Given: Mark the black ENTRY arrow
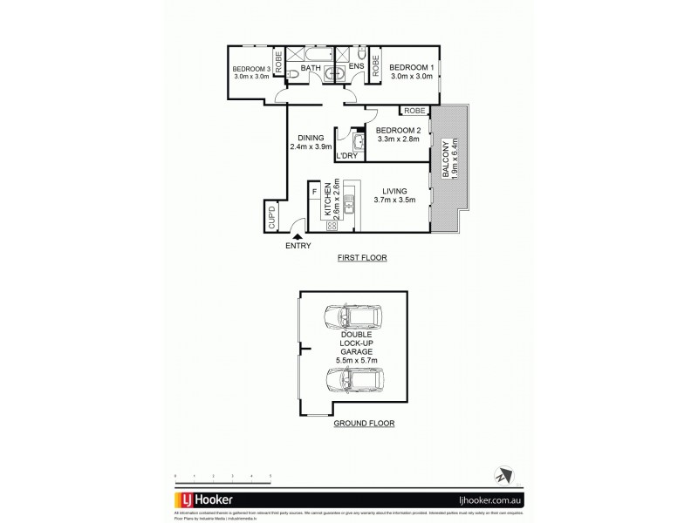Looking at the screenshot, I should coord(298,235).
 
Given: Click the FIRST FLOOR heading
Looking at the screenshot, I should coord(361,259).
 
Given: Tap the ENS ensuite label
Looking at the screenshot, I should coord(356,67).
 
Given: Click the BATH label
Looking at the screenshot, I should coord(311,67).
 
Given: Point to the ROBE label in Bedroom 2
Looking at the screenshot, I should coord(414,111).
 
